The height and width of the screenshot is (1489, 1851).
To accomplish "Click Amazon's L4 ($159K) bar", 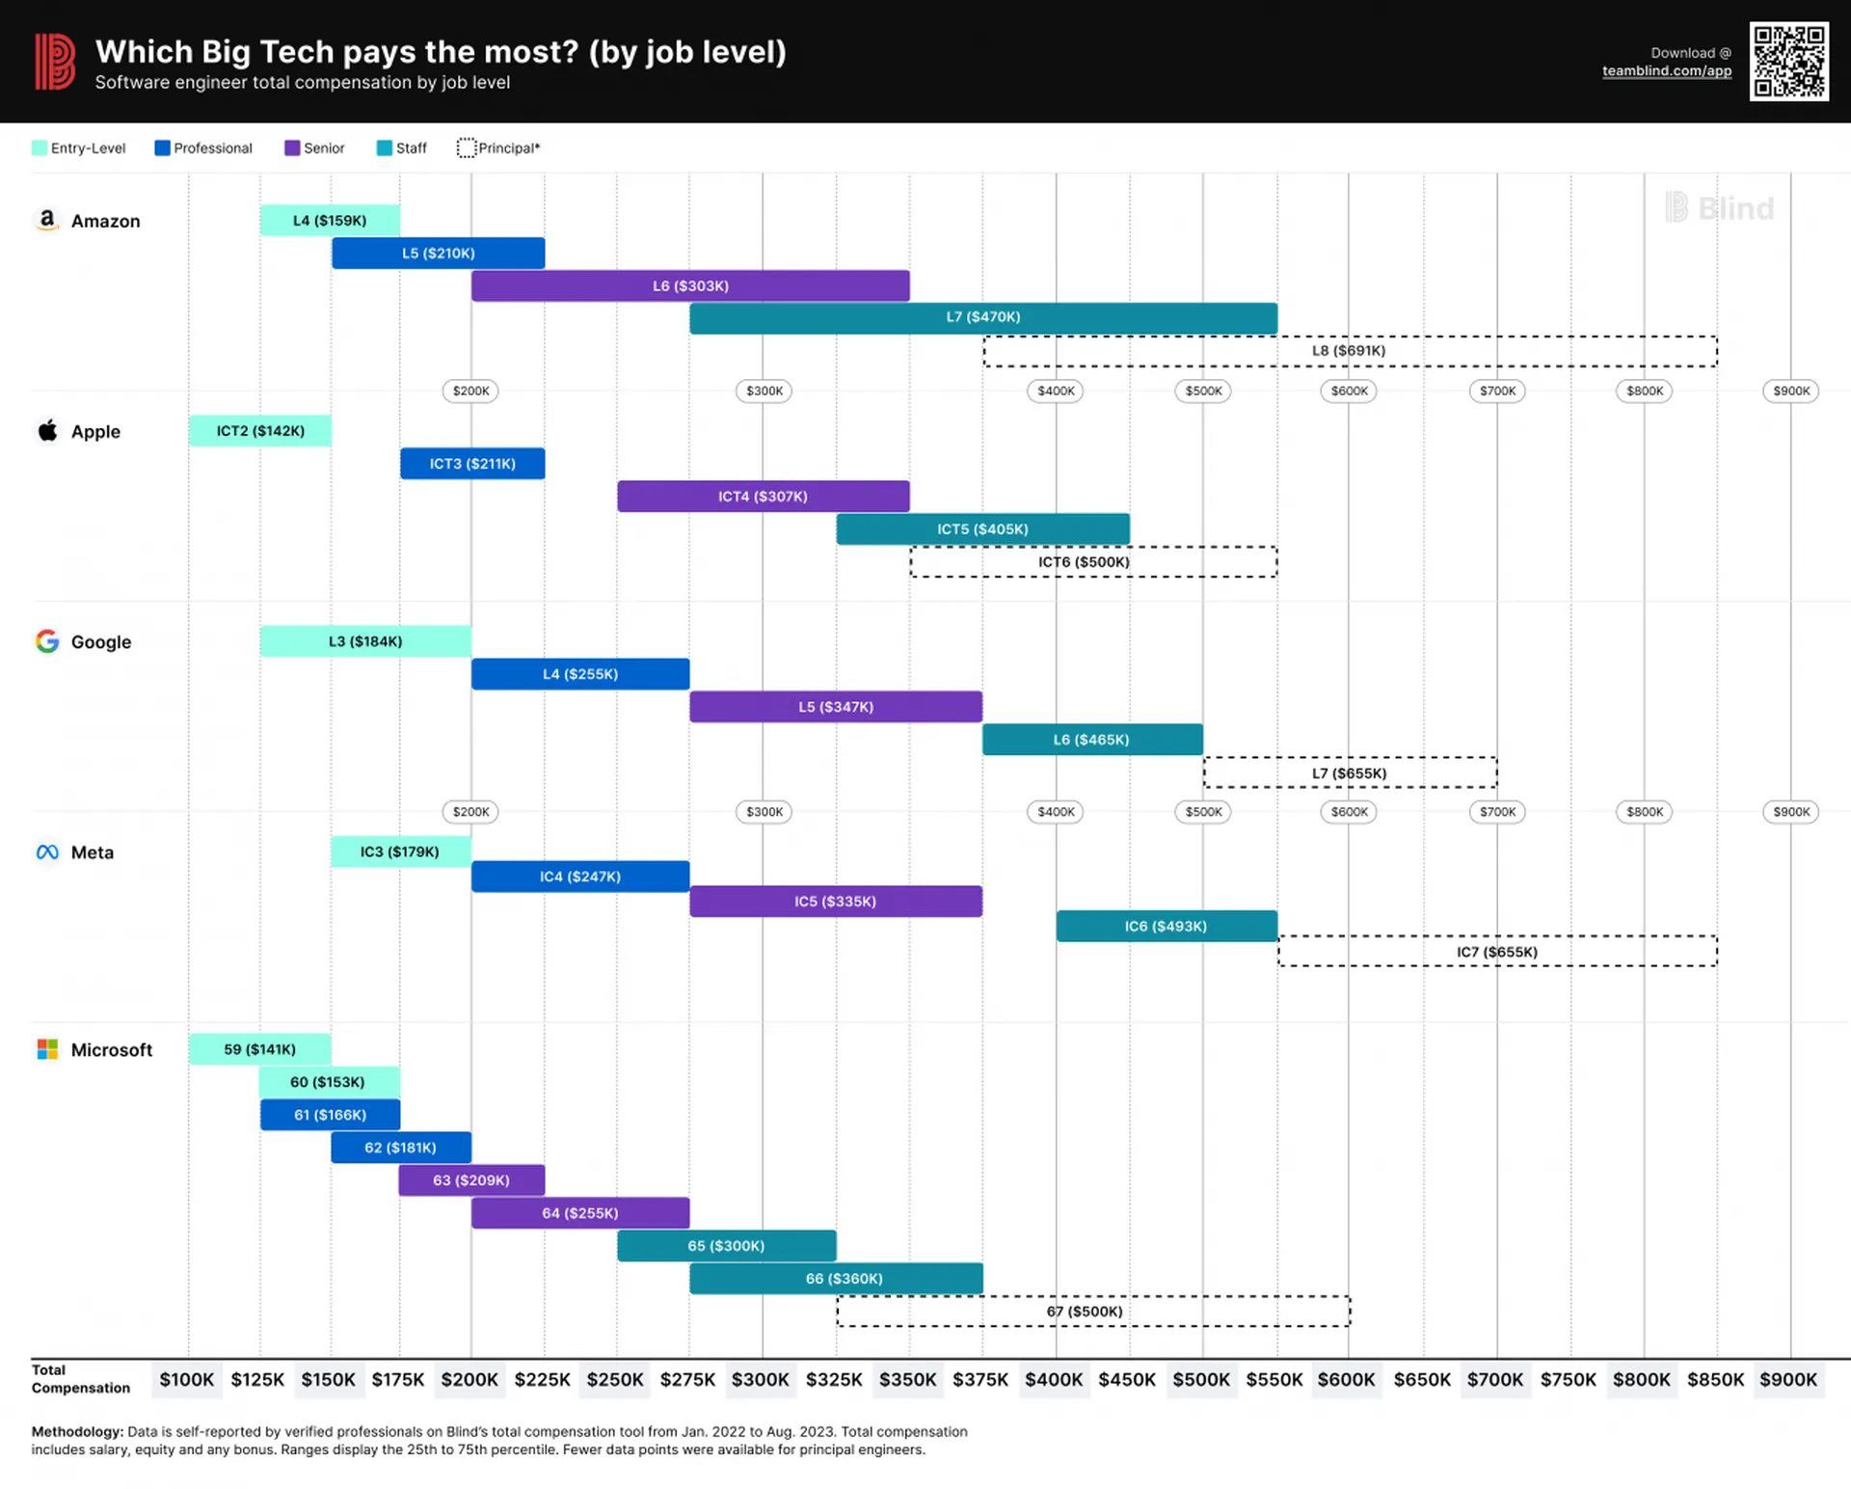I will coord(330,220).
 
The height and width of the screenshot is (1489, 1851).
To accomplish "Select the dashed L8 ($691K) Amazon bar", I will coord(1350,351).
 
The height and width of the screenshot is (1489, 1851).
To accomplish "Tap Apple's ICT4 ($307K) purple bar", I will coord(763,497).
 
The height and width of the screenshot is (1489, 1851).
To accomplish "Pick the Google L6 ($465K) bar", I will coord(1092,740).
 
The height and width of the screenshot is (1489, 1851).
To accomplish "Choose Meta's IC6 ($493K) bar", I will coord(1167,926).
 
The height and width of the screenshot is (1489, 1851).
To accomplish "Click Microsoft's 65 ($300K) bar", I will coord(726,1246).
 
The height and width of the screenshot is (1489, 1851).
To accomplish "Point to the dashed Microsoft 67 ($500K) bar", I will coord(1092,1312).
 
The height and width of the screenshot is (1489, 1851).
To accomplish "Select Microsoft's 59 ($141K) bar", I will coord(259,1049).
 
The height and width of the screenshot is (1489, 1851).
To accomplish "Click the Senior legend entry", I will coord(314,148).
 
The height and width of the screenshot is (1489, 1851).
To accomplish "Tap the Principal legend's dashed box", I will coord(467,148).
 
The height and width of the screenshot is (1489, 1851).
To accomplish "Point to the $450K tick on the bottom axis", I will coord(1127,1380).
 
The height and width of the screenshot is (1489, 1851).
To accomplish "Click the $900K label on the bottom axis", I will coord(1788,1380).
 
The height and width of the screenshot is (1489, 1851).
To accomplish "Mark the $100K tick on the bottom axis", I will coord(187,1380).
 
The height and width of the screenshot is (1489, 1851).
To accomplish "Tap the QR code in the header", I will coord(1789,62).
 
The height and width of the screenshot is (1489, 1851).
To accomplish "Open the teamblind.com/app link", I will coord(1667,71).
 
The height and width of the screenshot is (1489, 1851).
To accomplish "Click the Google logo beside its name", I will coord(47,641).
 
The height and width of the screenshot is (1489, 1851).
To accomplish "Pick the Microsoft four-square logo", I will coord(47,1049).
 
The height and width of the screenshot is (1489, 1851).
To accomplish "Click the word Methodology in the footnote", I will coord(77,1432).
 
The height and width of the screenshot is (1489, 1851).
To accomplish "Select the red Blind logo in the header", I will coord(55,62).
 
